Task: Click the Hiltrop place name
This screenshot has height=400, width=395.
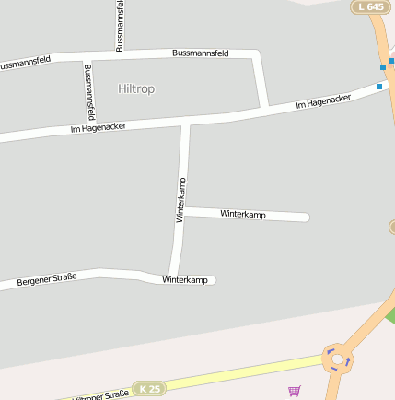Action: point(137,88)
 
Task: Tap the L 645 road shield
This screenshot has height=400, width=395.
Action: point(369,7)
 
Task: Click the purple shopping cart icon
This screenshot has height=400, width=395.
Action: point(295,391)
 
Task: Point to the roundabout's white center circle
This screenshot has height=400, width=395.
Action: point(338,359)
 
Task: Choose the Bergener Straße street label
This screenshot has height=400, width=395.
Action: point(46,278)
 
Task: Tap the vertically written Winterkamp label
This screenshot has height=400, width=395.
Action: point(180,199)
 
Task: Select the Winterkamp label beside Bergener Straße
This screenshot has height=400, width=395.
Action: point(185,279)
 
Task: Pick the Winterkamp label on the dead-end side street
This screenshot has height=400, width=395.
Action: point(243,214)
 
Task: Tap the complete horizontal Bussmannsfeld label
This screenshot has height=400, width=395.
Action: point(201,53)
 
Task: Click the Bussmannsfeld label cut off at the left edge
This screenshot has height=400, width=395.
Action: point(25,63)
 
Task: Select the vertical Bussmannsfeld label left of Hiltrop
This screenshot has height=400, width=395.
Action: point(89,92)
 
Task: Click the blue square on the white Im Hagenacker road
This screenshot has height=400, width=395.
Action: point(378,87)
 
